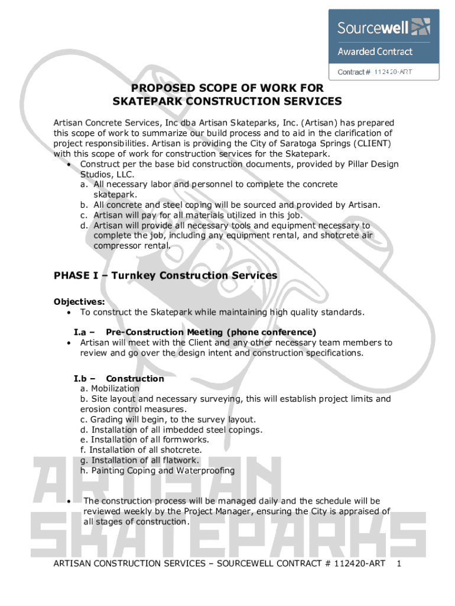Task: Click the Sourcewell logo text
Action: point(375,27)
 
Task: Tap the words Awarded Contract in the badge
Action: point(375,51)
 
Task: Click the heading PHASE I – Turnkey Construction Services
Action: point(165,275)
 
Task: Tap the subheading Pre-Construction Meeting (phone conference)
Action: point(211,332)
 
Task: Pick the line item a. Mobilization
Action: point(110,389)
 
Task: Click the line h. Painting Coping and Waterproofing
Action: point(157,470)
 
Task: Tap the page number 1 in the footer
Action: point(399,563)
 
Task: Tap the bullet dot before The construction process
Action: point(69,501)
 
